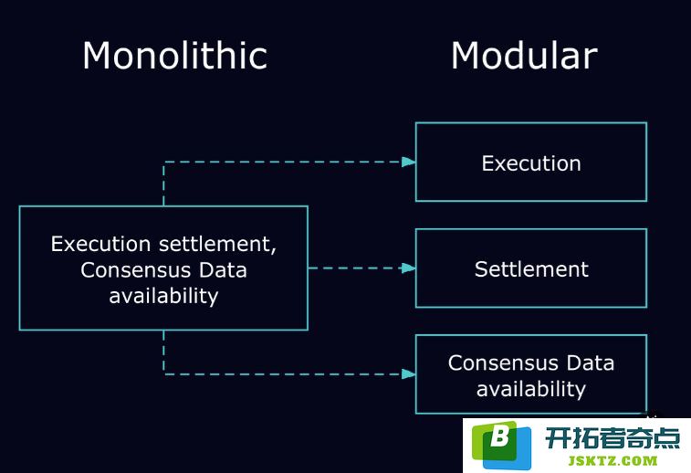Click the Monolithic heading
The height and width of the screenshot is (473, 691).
coord(175,56)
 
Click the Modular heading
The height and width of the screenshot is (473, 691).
coord(524,56)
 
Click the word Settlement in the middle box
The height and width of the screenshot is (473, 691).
coord(531,268)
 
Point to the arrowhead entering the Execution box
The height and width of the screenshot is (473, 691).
coord(409,162)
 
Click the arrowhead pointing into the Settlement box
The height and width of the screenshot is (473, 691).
coord(409,268)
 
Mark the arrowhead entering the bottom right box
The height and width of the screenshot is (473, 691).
coord(409,374)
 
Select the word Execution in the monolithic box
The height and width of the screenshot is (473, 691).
coord(101,244)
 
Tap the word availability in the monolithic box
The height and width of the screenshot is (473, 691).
coord(163,296)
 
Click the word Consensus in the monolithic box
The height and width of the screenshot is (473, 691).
coord(135,269)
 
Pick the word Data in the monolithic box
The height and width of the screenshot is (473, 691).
coord(223,269)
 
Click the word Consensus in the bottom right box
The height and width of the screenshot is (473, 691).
coord(503,363)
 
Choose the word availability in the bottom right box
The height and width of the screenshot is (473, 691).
coord(531,389)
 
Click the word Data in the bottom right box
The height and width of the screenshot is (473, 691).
coord(590,363)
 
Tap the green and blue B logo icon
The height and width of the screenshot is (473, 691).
coord(501,446)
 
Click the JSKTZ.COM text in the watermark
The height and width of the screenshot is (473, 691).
coord(612,461)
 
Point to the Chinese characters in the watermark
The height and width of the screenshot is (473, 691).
coord(612,438)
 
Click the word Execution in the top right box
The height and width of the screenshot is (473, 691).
coord(531,163)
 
